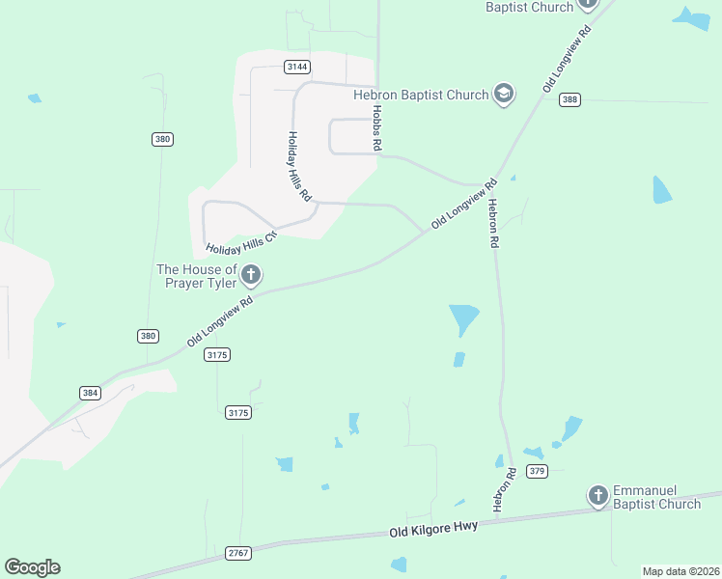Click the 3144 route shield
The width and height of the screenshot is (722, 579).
[x=297, y=67]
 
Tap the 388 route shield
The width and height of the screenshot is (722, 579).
[x=569, y=99]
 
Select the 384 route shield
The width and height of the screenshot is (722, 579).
[x=90, y=393]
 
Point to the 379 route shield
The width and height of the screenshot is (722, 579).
[x=538, y=471]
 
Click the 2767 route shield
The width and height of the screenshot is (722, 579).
[x=237, y=553]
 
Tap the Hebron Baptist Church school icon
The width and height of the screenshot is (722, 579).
[x=503, y=94]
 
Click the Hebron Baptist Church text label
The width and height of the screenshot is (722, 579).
[x=421, y=95]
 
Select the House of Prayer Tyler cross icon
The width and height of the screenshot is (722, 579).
[x=251, y=275]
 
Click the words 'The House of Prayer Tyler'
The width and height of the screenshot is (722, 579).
[x=197, y=276]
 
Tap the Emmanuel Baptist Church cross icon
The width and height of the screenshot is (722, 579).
[x=598, y=496]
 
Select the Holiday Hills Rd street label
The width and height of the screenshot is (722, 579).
[x=300, y=166]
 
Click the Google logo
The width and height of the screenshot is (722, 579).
[x=32, y=566]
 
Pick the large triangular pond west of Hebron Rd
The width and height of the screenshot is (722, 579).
[x=463, y=317]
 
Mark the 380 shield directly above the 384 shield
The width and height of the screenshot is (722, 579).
[x=148, y=336]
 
